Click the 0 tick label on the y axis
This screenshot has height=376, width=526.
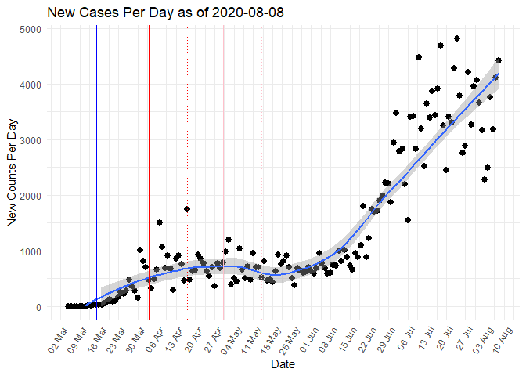coord(38,307)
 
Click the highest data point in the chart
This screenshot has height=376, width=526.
coord(457,38)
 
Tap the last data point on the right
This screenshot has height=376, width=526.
coord(499,60)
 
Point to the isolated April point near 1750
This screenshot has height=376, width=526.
coord(187,209)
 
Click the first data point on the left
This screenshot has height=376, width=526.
coord(68,306)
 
